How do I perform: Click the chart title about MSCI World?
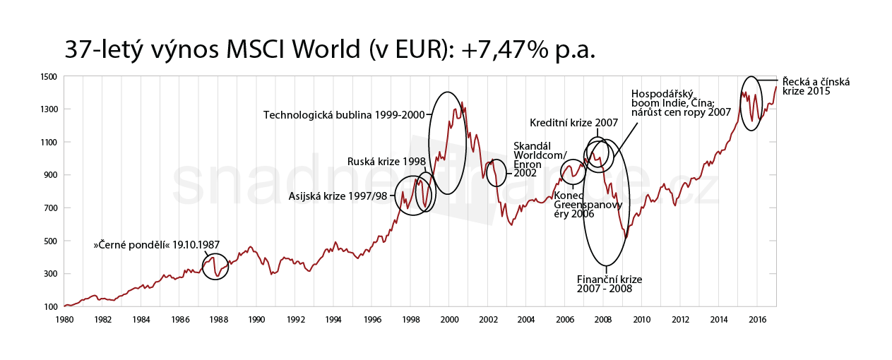pyautogui.click(x=330, y=49)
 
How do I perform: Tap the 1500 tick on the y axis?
pyautogui.click(x=49, y=76)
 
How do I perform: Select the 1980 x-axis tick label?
pyautogui.click(x=64, y=320)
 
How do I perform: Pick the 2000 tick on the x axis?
pyautogui.click(x=450, y=320)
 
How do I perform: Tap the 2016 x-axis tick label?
pyautogui.click(x=758, y=320)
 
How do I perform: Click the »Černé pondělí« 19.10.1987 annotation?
pyautogui.click(x=148, y=246)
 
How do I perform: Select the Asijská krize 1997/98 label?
pyautogui.click(x=338, y=196)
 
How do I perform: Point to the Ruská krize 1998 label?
pyautogui.click(x=386, y=162)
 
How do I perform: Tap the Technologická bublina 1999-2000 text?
pyautogui.click(x=345, y=115)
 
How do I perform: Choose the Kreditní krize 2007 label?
pyautogui.click(x=573, y=123)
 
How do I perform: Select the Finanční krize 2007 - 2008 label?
pyautogui.click(x=609, y=284)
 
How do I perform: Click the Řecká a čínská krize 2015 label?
pyautogui.click(x=816, y=86)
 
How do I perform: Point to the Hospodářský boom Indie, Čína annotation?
pyautogui.click(x=680, y=102)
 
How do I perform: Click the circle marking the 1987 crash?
pyautogui.click(x=215, y=266)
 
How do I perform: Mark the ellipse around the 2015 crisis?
pyautogui.click(x=751, y=103)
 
